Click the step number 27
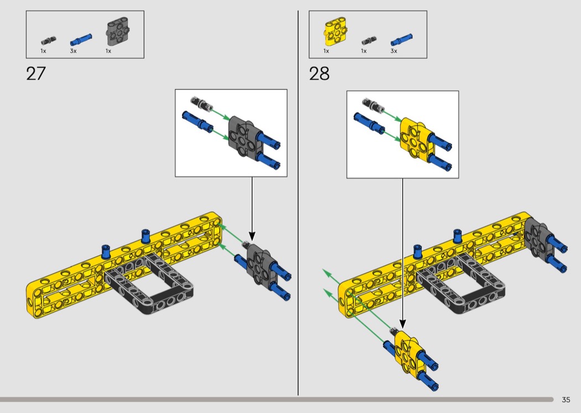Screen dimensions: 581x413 pos(36,74)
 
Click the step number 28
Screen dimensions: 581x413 pos(319,74)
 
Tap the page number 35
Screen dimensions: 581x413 pos(566,400)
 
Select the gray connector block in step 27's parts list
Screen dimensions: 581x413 pos(118,33)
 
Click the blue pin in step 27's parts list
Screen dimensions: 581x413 pos(81,39)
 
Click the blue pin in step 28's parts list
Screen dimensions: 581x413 pos(401,39)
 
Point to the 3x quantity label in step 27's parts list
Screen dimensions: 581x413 pos(74,51)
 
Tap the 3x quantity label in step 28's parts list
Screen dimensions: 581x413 pos(393,51)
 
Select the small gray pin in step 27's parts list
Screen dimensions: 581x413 pos(49,40)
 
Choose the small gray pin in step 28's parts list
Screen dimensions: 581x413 pos(369,40)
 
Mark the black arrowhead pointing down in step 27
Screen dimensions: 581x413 pos(252,236)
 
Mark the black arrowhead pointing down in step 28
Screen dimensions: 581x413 pos(403,324)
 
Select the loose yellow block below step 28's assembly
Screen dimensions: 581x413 pos(409,351)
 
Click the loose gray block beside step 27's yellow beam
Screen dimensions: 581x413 pos(259,264)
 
